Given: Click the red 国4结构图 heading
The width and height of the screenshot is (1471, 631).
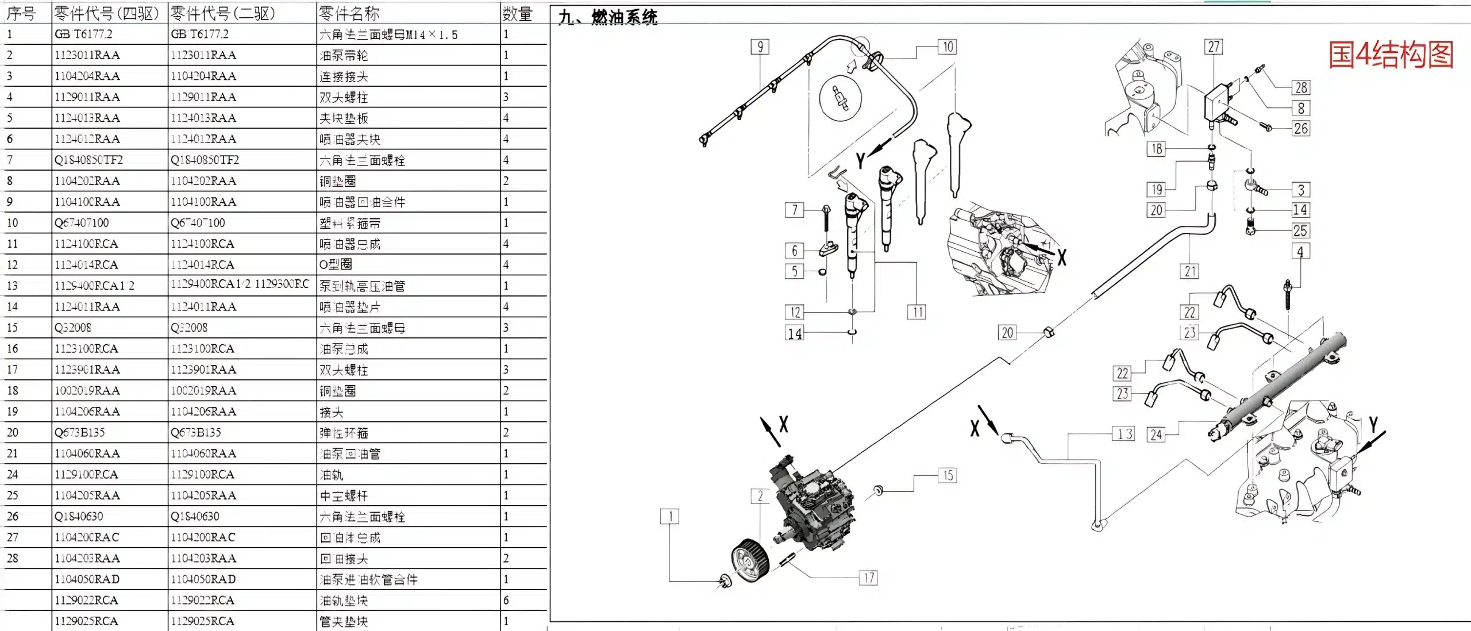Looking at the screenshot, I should click(1391, 55).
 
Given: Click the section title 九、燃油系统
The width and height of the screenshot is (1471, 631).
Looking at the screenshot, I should click(608, 17).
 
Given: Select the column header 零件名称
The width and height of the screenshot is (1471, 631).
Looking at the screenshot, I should click(349, 13).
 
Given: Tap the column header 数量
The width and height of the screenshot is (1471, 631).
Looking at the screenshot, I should click(517, 13).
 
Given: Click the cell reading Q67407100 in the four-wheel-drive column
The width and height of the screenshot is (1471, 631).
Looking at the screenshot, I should click(82, 223).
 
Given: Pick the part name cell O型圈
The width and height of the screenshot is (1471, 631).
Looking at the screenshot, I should click(336, 264).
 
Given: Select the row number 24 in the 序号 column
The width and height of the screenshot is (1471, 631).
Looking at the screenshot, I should click(13, 475).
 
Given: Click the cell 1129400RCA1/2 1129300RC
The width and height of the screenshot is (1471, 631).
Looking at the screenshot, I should click(240, 284).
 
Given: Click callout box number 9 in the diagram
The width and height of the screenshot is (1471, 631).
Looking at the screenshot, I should click(760, 47).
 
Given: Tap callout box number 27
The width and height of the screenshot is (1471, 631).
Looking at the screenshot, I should click(1214, 47).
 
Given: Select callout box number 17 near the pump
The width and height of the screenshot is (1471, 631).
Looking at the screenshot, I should click(868, 578).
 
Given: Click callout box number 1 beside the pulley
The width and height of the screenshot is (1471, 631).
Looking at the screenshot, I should click(669, 516).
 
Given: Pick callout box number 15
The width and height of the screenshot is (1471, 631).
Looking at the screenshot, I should click(948, 475).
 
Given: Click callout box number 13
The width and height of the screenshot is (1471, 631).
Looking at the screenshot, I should click(1125, 434).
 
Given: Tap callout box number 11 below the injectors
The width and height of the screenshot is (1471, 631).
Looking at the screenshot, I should click(917, 312).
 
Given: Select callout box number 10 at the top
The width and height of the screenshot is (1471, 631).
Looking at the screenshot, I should click(947, 47).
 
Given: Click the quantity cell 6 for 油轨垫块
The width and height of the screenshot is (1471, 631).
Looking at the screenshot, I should click(506, 600).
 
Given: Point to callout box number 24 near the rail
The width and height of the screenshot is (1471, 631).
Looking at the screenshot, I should click(1156, 434).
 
